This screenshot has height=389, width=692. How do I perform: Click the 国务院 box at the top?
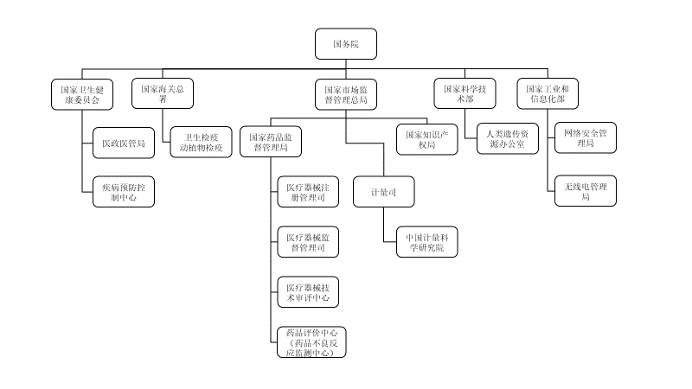click(346, 42)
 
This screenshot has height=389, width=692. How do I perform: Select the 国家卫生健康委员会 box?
click(82, 94)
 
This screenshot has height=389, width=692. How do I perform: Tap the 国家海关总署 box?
click(162, 94)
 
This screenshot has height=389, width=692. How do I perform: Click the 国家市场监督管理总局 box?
click(346, 94)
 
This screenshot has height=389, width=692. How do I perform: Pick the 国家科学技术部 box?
click(465, 94)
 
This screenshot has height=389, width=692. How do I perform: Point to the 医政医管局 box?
click(123, 143)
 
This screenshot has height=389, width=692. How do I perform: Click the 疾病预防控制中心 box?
click(123, 191)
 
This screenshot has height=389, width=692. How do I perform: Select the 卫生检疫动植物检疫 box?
click(201, 142)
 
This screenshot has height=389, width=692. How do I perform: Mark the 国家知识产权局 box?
click(425, 140)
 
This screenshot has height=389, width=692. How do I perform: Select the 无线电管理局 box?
click(585, 191)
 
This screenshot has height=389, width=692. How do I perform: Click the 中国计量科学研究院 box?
click(425, 241)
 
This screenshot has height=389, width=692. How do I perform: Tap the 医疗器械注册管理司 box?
click(307, 192)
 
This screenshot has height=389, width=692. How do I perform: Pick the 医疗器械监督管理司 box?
click(307, 242)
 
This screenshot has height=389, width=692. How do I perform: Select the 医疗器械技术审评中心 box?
click(307, 292)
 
